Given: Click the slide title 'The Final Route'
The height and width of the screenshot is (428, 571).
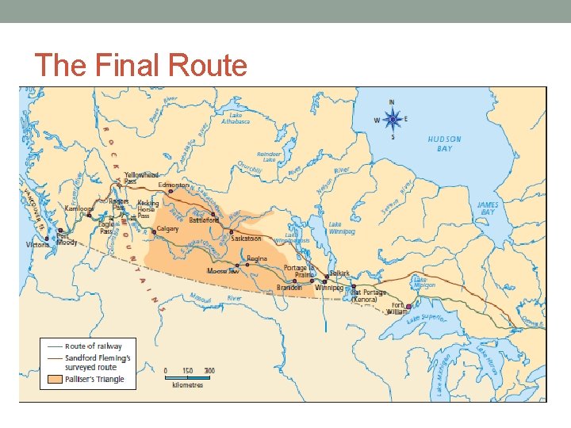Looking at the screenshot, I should [141, 65].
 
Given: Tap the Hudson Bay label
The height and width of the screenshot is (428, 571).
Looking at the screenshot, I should [444, 143].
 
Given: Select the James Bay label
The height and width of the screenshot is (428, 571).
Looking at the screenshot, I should [488, 208].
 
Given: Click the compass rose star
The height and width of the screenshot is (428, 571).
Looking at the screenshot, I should [392, 120].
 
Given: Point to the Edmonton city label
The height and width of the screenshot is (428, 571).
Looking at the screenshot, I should [174, 185].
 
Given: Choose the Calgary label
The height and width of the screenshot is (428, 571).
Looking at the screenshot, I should [167, 228].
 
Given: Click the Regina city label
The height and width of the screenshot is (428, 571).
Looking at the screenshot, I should [257, 258].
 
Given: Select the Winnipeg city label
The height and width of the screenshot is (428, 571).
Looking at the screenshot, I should [329, 288].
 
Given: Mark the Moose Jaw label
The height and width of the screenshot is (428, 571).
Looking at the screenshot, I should [223, 271].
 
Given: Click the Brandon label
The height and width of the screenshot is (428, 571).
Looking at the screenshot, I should [289, 288].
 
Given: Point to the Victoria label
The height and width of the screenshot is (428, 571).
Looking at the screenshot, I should [37, 245].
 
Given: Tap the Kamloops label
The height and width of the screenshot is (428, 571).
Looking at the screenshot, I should [79, 208].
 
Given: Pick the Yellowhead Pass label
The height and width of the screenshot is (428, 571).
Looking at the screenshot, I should [141, 178].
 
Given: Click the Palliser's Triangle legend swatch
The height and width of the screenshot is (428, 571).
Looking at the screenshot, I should [54, 379].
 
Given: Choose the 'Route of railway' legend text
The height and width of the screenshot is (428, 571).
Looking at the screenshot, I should [94, 346].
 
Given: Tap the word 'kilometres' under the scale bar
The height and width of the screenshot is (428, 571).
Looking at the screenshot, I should [187, 385].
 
